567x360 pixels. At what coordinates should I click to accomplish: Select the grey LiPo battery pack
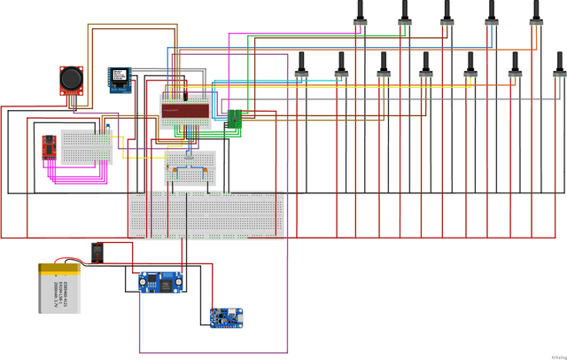(x=60, y=288)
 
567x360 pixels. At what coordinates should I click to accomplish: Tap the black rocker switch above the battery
(x=98, y=254)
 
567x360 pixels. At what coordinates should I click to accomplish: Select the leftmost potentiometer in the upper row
(x=361, y=12)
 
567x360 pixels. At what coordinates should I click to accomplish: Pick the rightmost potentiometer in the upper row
(x=534, y=12)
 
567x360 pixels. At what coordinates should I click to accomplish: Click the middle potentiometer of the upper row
(x=447, y=12)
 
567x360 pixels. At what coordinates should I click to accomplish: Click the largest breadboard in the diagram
(x=206, y=215)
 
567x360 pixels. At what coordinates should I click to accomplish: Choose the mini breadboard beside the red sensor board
(x=87, y=145)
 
